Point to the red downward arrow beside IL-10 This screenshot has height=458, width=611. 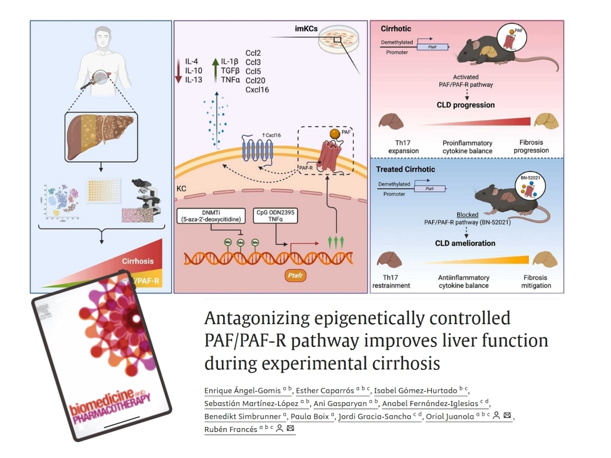(x=179, y=70)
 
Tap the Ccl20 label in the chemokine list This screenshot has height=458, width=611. (x=255, y=80)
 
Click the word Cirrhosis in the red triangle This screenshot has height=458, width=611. (x=137, y=261)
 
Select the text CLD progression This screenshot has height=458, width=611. (x=465, y=105)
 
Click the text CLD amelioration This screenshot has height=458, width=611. (x=465, y=243)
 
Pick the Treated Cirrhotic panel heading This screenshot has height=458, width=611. (x=405, y=169)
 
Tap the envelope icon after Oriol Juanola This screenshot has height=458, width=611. (x=507, y=416)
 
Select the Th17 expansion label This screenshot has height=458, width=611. (x=393, y=147)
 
